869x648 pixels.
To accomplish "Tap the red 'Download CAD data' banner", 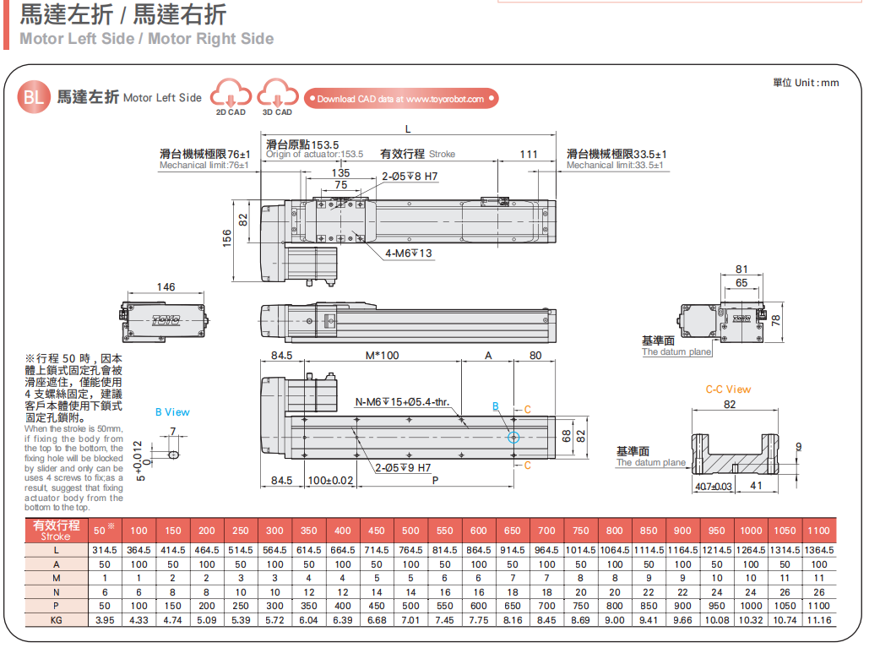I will tap(400, 99).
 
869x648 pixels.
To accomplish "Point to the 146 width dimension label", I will tap(166, 287).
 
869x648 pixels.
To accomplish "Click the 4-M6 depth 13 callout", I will tap(409, 253).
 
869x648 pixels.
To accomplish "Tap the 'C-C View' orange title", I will tap(728, 389).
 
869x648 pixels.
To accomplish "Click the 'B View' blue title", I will tap(172, 412).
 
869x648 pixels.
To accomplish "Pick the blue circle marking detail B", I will tap(513, 437).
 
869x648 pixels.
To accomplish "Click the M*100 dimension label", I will tap(382, 356).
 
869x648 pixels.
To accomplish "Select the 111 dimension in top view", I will tap(529, 154).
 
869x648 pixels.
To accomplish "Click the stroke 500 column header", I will tap(410, 531).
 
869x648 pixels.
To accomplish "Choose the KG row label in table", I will tap(56, 620).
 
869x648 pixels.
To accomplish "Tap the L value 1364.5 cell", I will tap(818, 550).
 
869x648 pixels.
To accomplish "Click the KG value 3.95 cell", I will tap(105, 620).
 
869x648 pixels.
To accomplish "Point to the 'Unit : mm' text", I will tap(806, 82).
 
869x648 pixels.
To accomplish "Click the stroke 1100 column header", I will tap(818, 531).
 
